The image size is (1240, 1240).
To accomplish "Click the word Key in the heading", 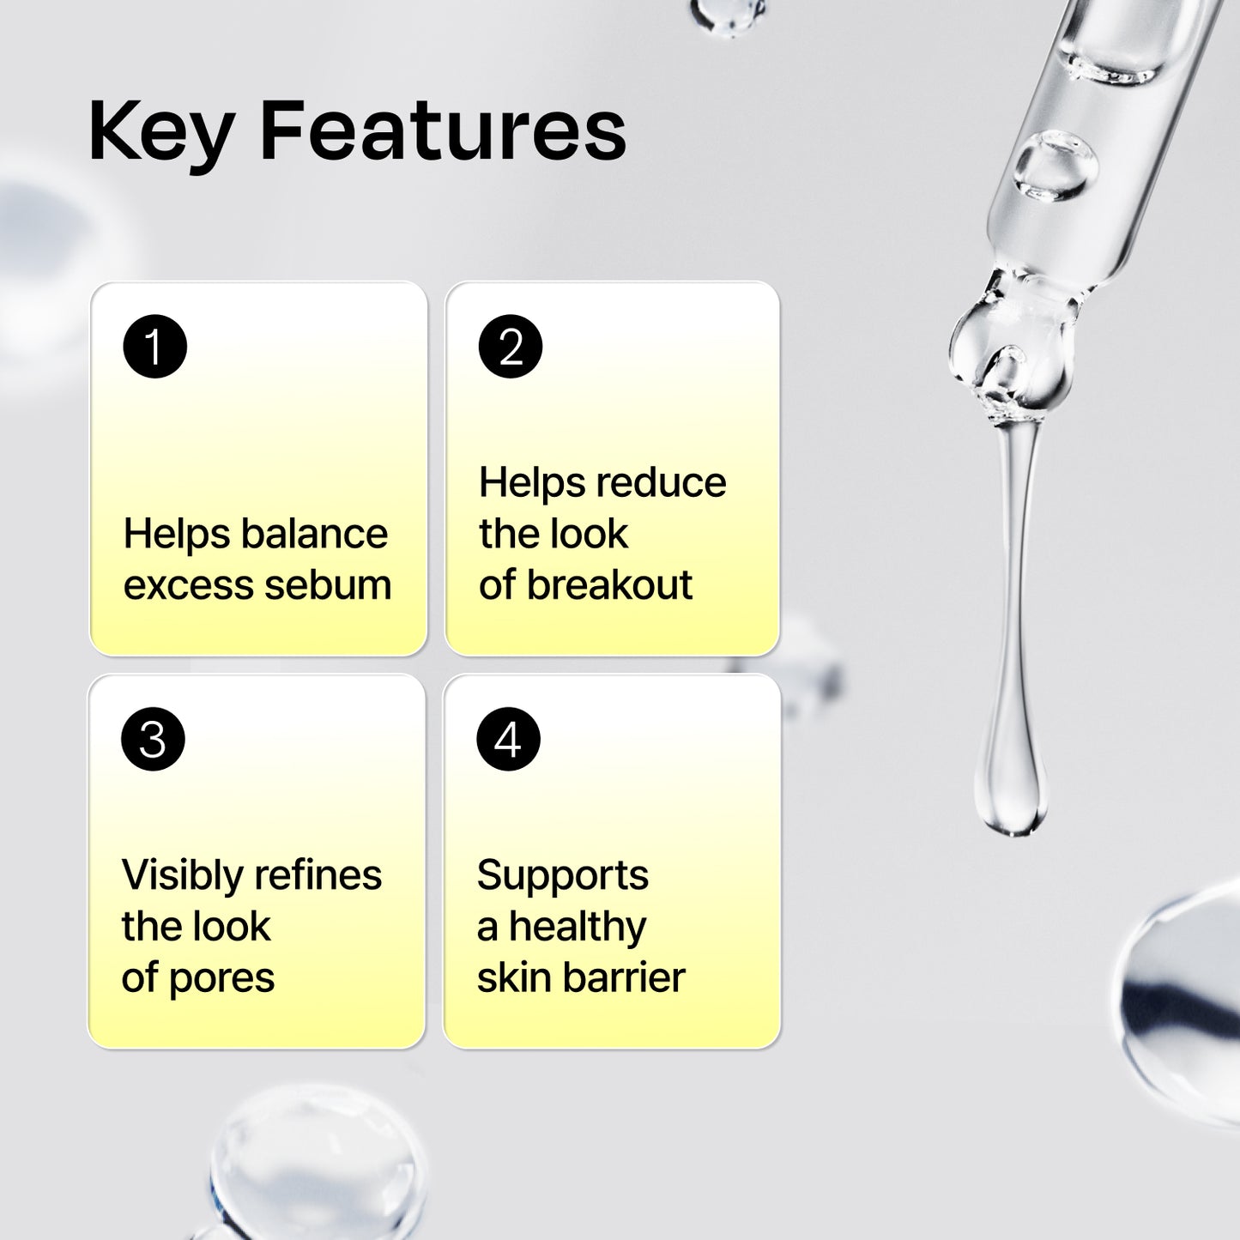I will point(160,133).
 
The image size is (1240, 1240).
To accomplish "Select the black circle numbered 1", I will point(154,347).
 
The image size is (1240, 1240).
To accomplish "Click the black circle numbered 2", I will point(510,347).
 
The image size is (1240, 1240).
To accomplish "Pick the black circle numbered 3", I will point(153,739).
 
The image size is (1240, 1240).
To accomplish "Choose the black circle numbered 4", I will point(508,739).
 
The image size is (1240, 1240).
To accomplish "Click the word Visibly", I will point(182,876).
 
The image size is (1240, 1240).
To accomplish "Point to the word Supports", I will point(563,876).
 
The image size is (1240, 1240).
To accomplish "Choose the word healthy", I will point(578,927).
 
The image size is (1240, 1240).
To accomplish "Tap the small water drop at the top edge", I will point(728,12).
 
